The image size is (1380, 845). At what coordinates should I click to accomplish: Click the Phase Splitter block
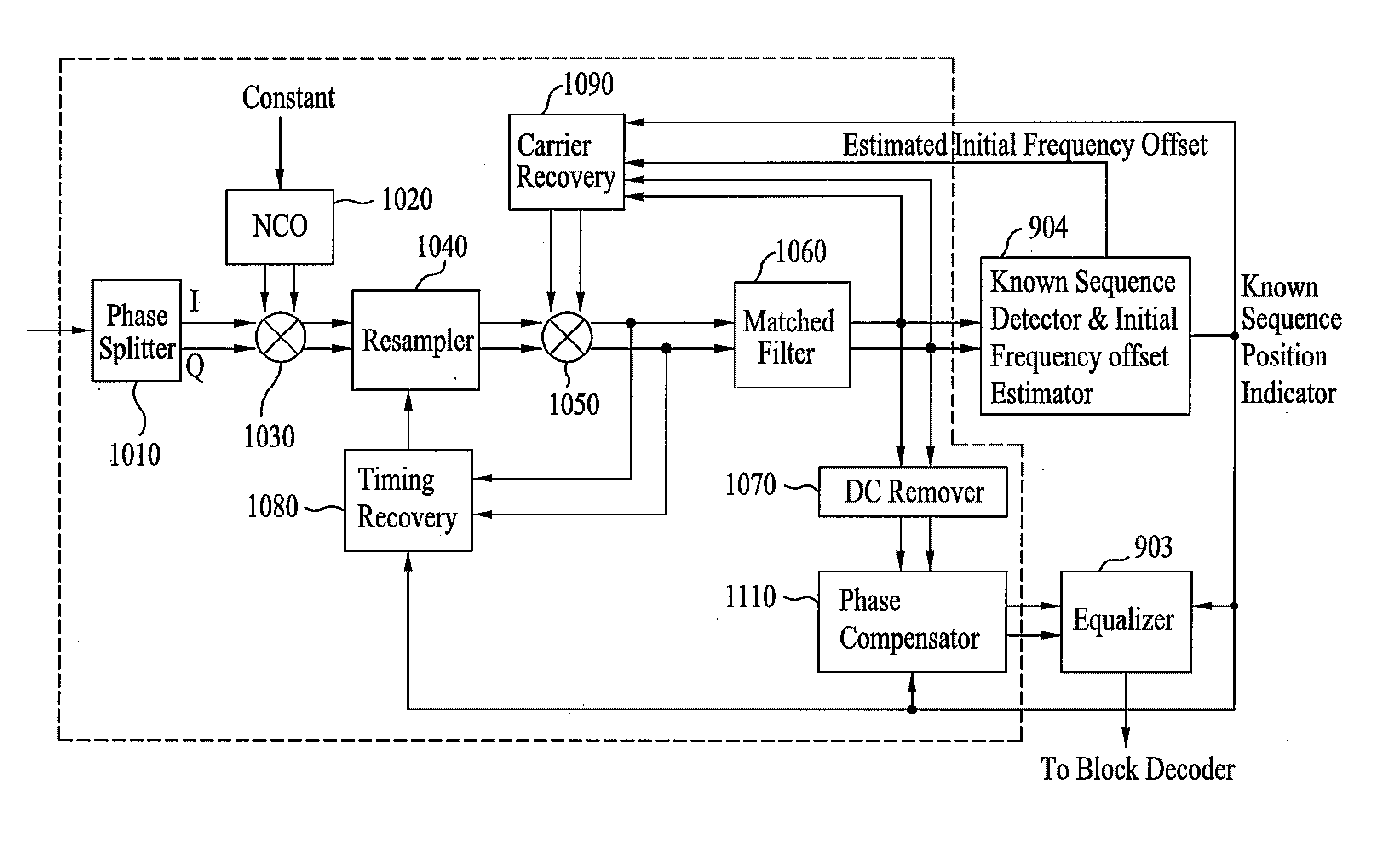tap(136, 330)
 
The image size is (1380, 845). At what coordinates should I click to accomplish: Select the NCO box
tap(280, 226)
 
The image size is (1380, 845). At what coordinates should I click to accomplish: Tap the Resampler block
tap(416, 340)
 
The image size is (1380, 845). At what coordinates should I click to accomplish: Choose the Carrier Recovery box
tap(566, 161)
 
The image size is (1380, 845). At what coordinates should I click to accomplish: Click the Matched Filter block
tap(791, 335)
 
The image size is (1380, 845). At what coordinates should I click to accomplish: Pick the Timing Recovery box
tap(408, 500)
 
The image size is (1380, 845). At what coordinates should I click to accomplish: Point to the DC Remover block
tap(913, 492)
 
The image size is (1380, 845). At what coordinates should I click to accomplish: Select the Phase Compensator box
tap(912, 621)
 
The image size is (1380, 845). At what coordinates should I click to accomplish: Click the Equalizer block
tap(1125, 621)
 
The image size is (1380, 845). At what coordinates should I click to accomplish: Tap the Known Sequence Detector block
tap(1085, 336)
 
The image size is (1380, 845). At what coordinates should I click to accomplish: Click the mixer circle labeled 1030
tap(280, 336)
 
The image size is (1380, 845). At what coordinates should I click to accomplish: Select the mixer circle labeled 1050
tap(567, 336)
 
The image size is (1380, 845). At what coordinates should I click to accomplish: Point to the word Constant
tap(288, 98)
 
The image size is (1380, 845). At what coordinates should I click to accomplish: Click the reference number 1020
tap(407, 199)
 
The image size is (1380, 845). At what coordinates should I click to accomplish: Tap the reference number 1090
tap(588, 85)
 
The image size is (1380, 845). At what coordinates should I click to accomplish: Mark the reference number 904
tap(1047, 227)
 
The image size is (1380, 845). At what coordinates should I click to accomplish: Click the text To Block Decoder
tap(1137, 769)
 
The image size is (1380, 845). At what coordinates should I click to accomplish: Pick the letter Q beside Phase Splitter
tap(195, 367)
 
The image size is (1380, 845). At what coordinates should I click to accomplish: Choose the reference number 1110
tap(751, 596)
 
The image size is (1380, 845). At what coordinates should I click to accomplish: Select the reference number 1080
tap(272, 506)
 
